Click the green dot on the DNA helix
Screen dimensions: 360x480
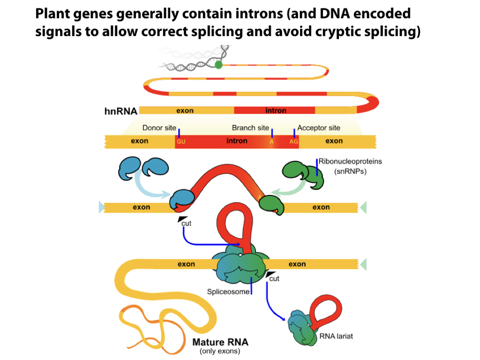coord(219,65)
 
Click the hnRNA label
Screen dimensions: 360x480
coord(120,111)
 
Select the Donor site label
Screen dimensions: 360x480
coord(159,128)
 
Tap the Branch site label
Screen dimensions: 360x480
coord(250,128)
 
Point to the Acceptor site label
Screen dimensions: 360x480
coord(319,128)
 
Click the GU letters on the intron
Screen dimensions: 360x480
coord(181,142)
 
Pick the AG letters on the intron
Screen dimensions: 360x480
coord(294,142)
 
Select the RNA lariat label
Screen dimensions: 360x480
coord(336,336)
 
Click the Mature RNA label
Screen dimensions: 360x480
coord(220,342)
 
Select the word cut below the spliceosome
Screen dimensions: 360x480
coord(274,278)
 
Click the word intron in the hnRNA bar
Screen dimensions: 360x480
coord(276,111)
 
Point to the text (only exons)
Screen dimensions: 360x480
coord(220,351)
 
